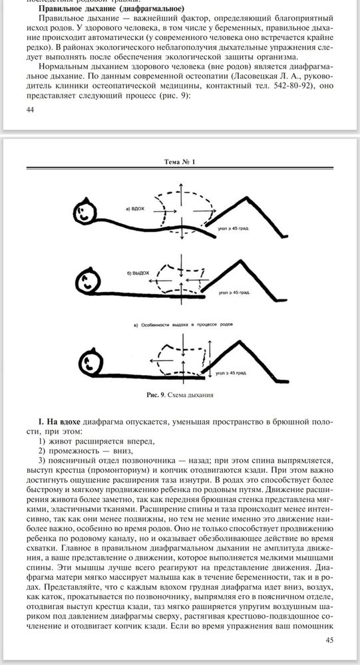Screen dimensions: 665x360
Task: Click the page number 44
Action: click(29, 110)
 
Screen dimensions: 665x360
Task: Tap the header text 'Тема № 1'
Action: click(180, 162)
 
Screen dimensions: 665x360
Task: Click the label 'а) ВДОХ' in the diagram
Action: click(135, 208)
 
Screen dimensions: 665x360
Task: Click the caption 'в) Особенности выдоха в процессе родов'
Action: click(180, 325)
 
